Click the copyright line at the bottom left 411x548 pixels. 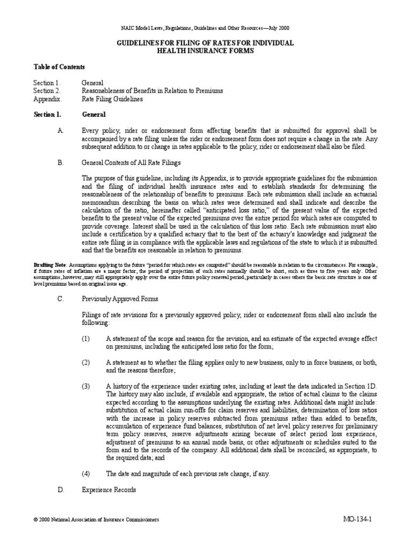[96, 520]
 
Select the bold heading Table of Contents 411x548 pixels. [59, 67]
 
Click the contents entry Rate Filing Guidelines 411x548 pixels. [112, 99]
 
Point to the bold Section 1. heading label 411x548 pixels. [48, 115]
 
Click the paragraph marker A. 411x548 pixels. [60, 131]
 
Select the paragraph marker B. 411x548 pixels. [60, 162]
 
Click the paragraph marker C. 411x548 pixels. [60, 299]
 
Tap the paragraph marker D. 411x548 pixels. [60, 490]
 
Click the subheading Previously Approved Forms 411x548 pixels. [119, 299]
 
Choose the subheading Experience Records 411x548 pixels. [109, 490]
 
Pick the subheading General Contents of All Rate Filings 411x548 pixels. [131, 162]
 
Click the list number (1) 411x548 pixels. [86, 339]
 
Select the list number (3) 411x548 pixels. [86, 386]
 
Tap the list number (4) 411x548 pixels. [86, 474]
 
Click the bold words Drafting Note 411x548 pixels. [49, 264]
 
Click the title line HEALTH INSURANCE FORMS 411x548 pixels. [205, 50]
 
